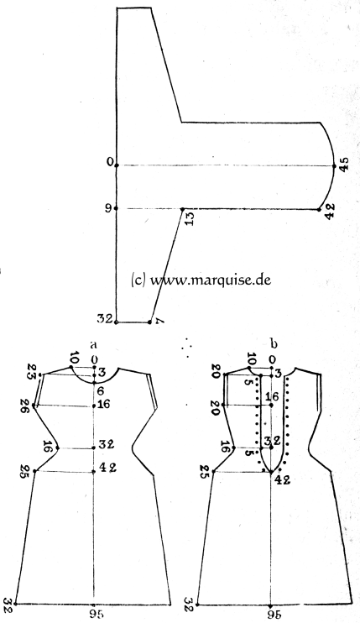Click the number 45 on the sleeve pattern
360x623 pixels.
(x=344, y=164)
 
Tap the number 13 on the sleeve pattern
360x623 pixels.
(x=190, y=218)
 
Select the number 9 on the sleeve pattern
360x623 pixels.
(x=109, y=207)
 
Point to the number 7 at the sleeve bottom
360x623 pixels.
(x=159, y=320)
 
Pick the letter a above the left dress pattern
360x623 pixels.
(x=94, y=343)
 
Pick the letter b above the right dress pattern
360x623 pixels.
(x=273, y=343)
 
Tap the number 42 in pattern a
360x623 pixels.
(x=107, y=468)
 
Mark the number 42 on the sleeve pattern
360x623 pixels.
(x=331, y=209)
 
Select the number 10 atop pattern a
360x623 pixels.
(x=74, y=359)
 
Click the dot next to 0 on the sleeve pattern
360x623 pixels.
(x=117, y=165)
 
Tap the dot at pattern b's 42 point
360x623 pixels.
(x=271, y=472)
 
